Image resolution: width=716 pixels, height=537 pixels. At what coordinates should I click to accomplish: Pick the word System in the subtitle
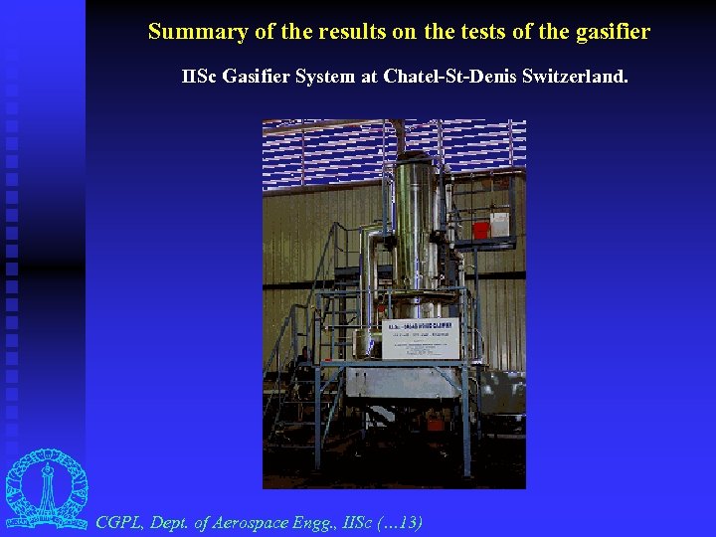point(325,76)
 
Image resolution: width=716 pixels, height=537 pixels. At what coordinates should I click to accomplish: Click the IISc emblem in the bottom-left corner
point(46,488)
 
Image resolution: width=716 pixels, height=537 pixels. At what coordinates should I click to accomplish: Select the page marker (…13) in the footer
point(397,522)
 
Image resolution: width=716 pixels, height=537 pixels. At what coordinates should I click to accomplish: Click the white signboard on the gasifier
point(420,339)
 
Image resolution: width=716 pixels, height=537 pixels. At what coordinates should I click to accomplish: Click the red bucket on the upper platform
point(481,229)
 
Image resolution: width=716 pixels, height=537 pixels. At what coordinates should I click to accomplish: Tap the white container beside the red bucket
point(499,224)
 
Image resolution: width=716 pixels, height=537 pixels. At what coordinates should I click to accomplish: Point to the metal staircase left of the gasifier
point(291,368)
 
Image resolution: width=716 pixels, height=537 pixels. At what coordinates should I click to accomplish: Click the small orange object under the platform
point(435,424)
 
